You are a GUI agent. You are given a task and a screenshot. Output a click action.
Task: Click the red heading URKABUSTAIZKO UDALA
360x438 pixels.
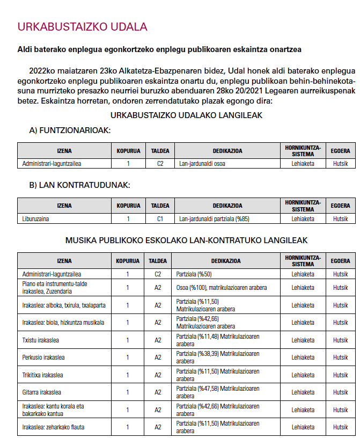tap(82, 27)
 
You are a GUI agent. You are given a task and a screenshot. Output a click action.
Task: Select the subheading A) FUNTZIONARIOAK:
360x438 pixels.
tap(70, 130)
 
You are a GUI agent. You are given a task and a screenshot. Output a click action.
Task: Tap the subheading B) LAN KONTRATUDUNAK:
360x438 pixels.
tap(79, 185)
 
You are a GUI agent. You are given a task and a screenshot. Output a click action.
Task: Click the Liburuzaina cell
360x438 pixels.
tap(36, 219)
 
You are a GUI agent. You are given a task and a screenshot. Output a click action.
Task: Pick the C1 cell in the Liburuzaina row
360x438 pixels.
tap(160, 219)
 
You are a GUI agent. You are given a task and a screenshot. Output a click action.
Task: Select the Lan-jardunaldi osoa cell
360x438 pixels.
tap(202, 164)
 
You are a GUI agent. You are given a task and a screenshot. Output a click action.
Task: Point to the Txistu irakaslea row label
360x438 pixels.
tap(40, 340)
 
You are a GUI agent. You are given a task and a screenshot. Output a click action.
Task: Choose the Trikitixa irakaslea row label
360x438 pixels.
tap(42, 375)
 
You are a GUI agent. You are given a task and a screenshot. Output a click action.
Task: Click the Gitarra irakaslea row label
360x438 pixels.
tap(41, 392)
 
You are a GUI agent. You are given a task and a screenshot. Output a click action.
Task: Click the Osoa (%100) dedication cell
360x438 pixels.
tap(221, 288)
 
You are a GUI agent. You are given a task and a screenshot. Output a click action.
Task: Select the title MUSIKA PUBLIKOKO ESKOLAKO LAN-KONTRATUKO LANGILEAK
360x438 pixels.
tap(186, 240)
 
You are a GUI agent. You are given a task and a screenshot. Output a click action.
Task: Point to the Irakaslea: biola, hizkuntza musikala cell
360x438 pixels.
tap(63, 323)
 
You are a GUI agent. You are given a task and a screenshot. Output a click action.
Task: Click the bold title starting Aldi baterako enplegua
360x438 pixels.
tap(159, 49)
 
